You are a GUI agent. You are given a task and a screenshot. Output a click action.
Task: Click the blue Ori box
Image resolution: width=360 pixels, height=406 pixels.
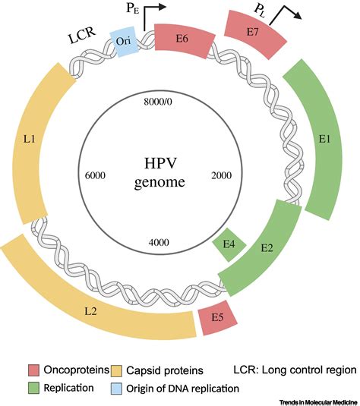point(125,44)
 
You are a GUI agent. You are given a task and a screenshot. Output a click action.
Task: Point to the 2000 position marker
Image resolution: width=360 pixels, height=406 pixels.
point(220,175)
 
